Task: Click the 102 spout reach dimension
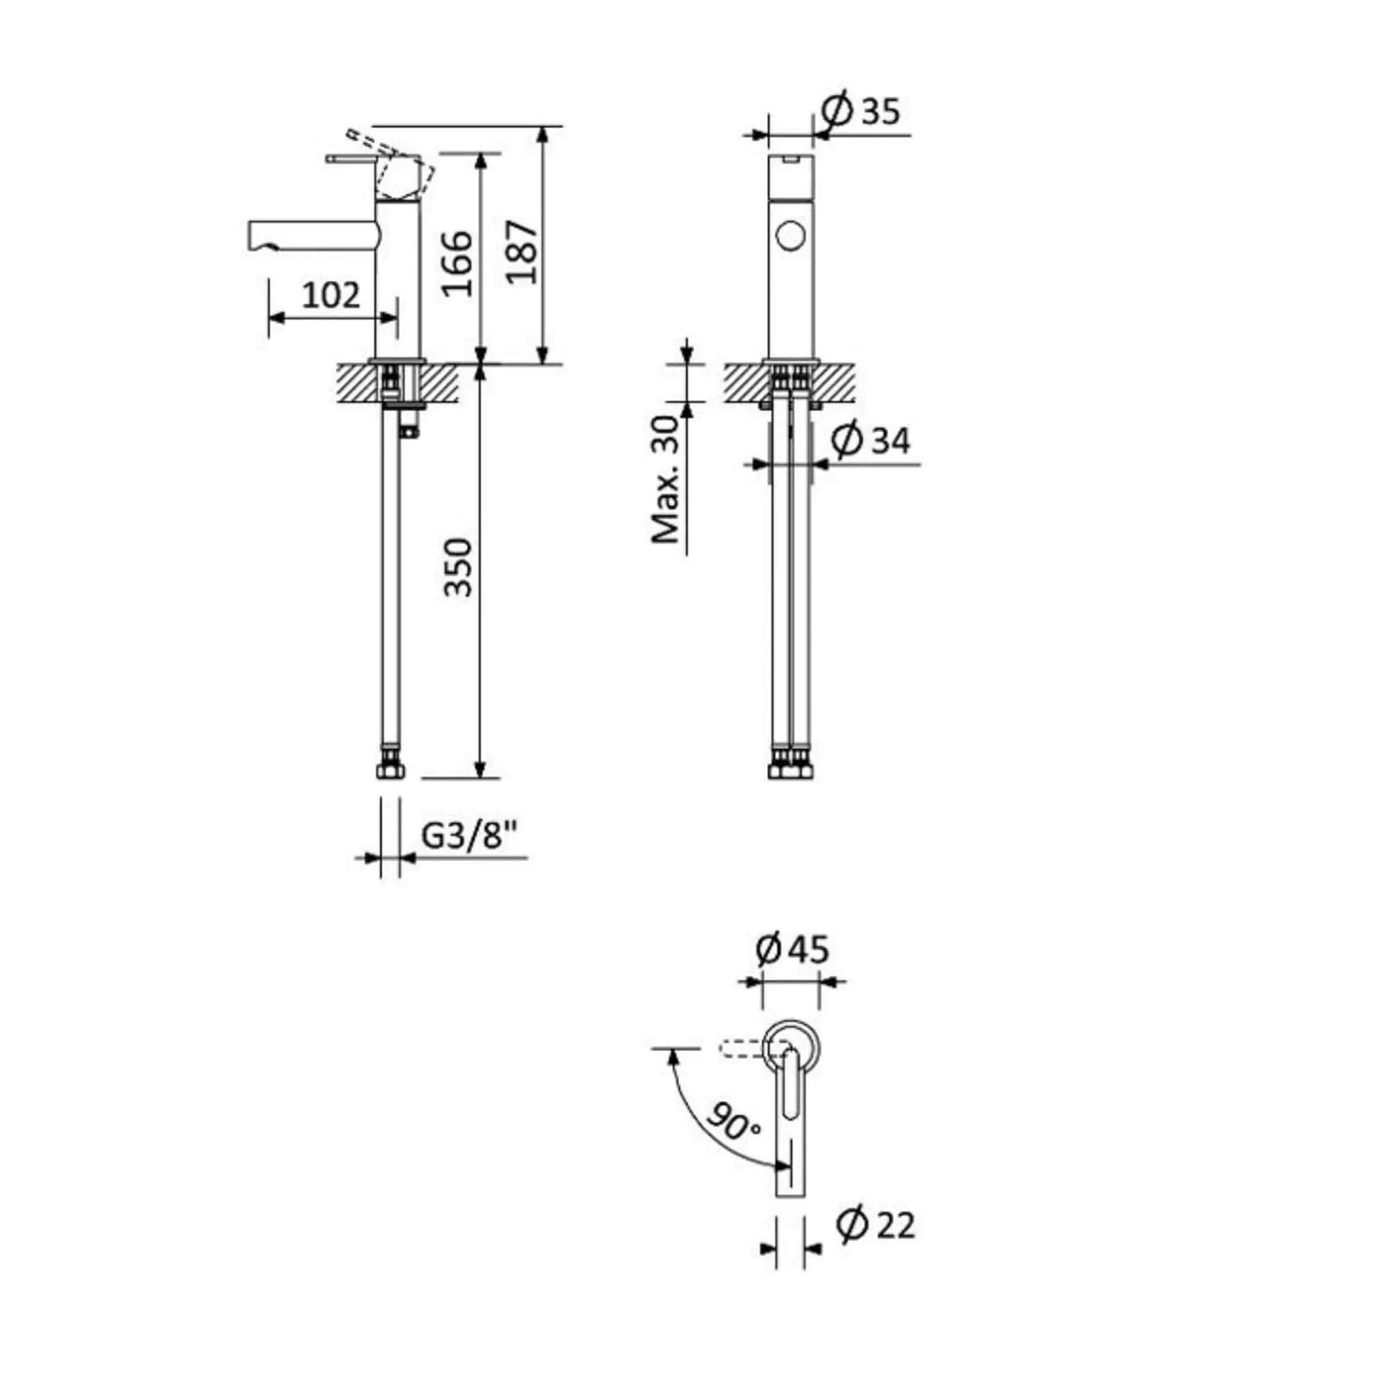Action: [x=331, y=296]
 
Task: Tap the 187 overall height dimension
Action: [x=522, y=251]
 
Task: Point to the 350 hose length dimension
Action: [x=459, y=567]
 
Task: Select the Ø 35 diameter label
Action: [x=862, y=111]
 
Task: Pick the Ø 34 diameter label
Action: [x=871, y=441]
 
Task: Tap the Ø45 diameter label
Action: [x=792, y=950]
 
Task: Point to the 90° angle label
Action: [x=733, y=1121]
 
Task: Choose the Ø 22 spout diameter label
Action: [x=875, y=1225]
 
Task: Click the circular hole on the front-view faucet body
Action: [x=791, y=235]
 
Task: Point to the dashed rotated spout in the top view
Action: [x=741, y=1048]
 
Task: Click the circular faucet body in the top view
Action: [x=792, y=1041]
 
